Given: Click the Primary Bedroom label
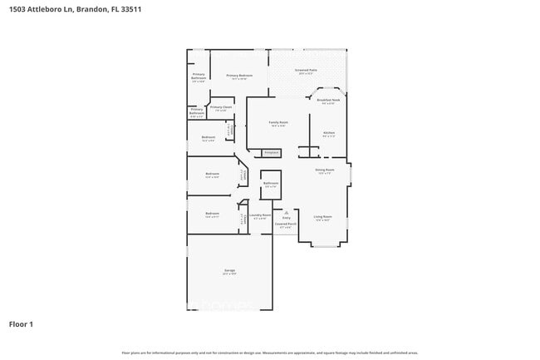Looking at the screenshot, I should (239, 76).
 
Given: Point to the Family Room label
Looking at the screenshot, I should (277, 123).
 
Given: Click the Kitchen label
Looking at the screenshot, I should (328, 133).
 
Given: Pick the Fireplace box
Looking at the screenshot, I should (270, 153).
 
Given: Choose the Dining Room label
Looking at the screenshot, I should (324, 170).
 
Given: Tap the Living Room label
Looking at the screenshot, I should (322, 217).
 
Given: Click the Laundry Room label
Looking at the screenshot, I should (260, 215).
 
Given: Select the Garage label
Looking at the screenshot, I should (228, 271).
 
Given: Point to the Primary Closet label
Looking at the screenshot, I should (220, 107).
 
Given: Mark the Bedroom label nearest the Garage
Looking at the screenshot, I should (212, 215).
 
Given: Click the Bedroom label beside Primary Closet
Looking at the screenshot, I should (209, 138).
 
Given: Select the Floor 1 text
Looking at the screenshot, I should (21, 323).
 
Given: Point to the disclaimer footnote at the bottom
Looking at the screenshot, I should (269, 353).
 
